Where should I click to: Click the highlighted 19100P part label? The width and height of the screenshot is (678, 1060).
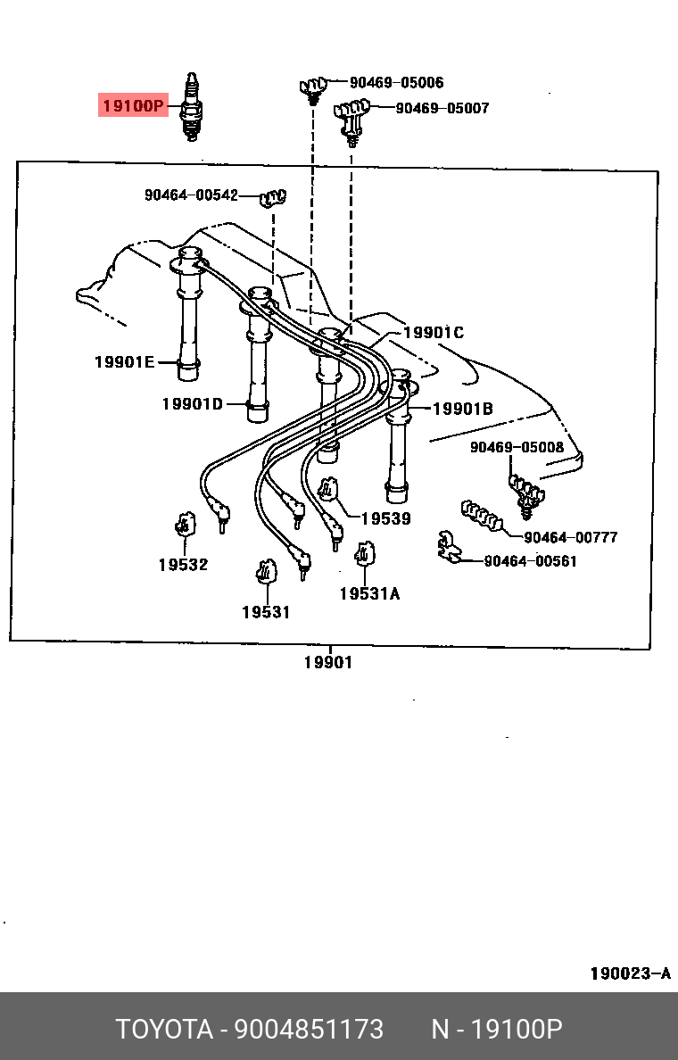132,107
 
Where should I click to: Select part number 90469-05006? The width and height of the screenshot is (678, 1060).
396,83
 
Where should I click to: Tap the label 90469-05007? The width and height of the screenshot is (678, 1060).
442,109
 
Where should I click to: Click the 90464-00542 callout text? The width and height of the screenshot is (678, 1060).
191,195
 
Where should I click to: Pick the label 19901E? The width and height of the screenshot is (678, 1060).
124,361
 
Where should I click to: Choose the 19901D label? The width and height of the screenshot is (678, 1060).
192,404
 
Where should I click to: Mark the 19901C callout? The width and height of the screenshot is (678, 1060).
434,333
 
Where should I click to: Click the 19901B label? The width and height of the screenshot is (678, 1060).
463,410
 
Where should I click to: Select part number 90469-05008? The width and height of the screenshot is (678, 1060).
517,447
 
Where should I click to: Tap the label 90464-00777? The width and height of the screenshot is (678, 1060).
570,537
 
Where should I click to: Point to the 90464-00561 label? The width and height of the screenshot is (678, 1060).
530,561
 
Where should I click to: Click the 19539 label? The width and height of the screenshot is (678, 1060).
385,518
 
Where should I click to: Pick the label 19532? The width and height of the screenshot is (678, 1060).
183,565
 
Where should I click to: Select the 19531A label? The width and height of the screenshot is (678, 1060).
369,593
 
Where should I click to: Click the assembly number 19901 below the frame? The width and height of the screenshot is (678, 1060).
327,662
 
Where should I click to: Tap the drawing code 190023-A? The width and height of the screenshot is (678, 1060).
630,973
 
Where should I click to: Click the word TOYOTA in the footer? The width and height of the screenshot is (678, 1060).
165,1030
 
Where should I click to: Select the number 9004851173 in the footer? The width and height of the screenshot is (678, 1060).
309,1030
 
